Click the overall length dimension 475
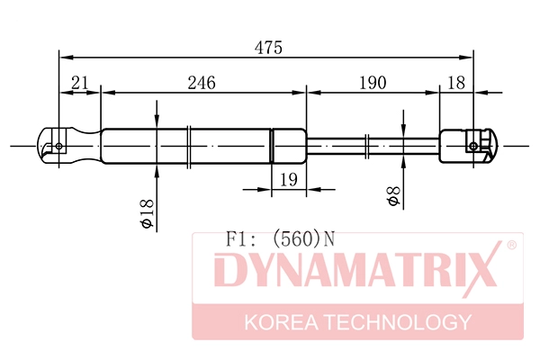pos(267,49)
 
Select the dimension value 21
pos(80,83)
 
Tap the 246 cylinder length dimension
pos(202,83)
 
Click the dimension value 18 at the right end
pos(456,83)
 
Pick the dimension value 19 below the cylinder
pos(288,180)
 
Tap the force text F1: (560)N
pos(278,239)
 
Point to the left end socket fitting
pos(68,145)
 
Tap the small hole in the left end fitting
pos(59,145)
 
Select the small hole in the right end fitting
pos(475,145)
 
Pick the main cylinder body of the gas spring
pos(184,145)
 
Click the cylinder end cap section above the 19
pos(288,145)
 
